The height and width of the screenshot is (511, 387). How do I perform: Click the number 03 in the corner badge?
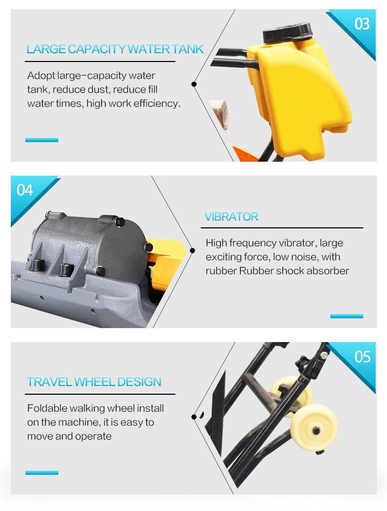click(x=362, y=24)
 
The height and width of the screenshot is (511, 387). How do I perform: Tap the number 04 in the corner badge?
click(x=25, y=190)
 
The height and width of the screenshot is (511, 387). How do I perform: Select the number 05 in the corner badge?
click(x=362, y=357)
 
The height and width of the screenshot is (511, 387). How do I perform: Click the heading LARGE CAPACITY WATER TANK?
click(x=115, y=49)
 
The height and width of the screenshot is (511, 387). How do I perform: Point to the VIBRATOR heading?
click(x=231, y=216)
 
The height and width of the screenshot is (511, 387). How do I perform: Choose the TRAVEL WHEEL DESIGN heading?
click(x=94, y=382)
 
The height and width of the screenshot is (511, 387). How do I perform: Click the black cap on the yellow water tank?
click(x=287, y=32)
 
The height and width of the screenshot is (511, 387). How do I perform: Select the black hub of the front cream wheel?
click(x=315, y=430)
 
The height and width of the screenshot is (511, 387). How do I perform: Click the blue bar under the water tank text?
click(x=42, y=140)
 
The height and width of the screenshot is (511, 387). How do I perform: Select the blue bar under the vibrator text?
click(x=347, y=316)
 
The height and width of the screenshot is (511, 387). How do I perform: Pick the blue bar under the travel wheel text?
click(x=42, y=473)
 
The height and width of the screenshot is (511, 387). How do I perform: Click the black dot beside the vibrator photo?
click(x=192, y=251)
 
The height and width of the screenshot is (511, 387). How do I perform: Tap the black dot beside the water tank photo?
click(x=194, y=84)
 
